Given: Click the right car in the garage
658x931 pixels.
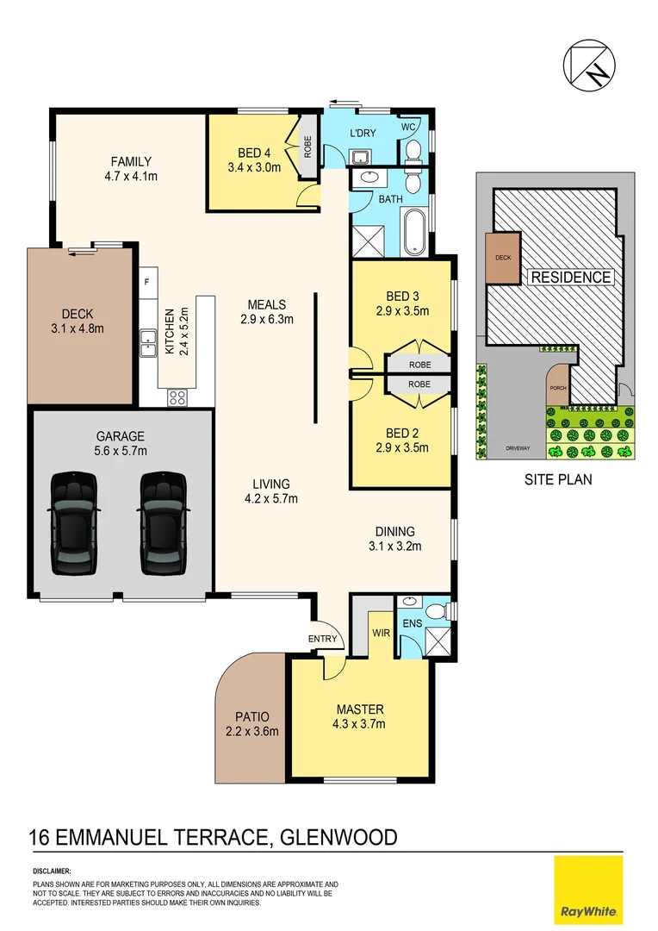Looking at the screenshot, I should pyautogui.click(x=163, y=523).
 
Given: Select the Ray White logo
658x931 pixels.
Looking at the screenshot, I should pyautogui.click(x=588, y=890).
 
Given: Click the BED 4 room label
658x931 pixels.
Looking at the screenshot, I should pyautogui.click(x=248, y=153).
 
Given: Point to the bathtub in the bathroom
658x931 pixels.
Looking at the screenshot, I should pyautogui.click(x=414, y=232).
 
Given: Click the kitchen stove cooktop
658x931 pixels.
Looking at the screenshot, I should pyautogui.click(x=177, y=397).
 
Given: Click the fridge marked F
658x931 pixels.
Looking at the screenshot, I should pyautogui.click(x=147, y=282).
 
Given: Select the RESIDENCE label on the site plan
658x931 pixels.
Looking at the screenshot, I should pyautogui.click(x=571, y=278).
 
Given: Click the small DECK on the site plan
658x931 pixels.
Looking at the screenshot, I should pyautogui.click(x=503, y=258).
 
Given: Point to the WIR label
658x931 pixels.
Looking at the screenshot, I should pyautogui.click(x=382, y=632).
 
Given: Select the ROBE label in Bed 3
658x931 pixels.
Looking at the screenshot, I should pyautogui.click(x=419, y=366).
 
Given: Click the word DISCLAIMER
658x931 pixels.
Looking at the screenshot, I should pyautogui.click(x=52, y=872).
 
